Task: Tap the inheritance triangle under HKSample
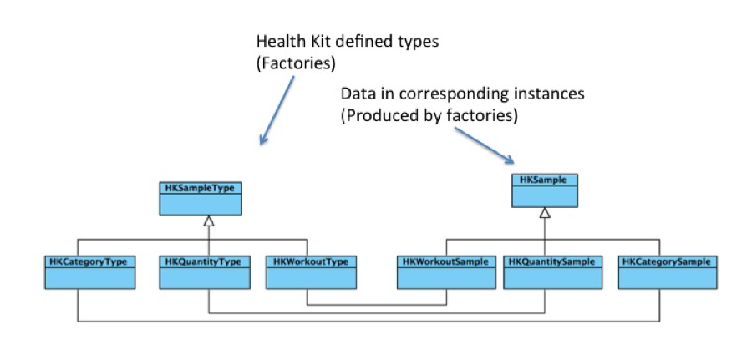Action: [x=545, y=214]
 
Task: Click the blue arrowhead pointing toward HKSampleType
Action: [x=264, y=139]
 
